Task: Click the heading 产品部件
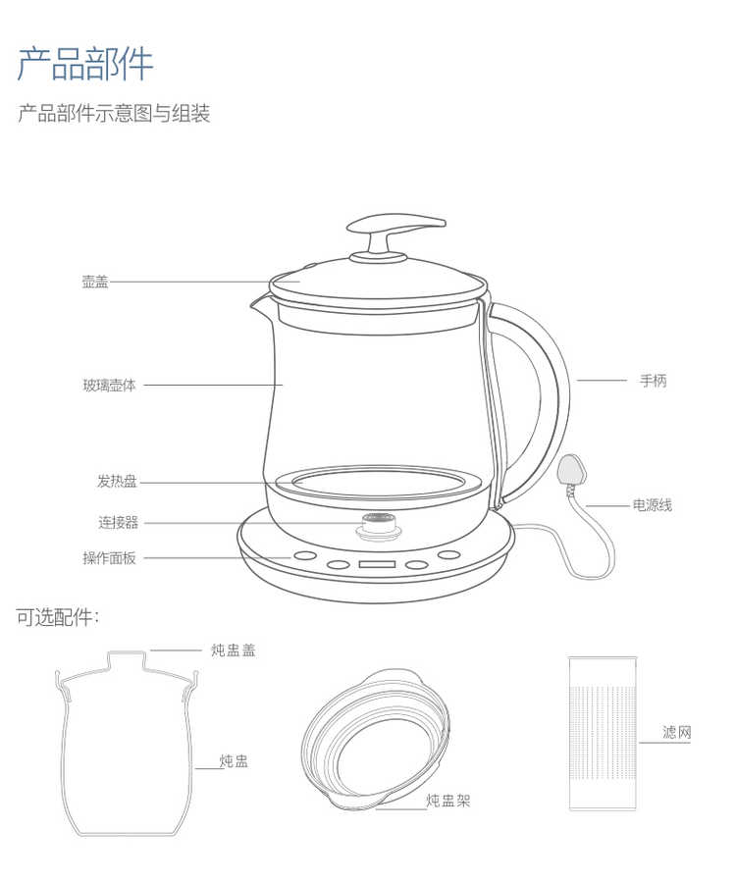(x=85, y=63)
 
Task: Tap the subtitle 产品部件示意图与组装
(x=114, y=113)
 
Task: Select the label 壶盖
(x=95, y=282)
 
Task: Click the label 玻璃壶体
(x=110, y=386)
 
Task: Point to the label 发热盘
(x=117, y=482)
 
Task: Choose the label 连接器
(x=118, y=523)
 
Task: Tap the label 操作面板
(x=110, y=558)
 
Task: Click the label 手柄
(x=654, y=381)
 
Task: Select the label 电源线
(x=653, y=505)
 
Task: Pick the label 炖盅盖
(x=234, y=650)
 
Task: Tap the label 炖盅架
(x=447, y=801)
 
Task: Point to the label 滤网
(x=676, y=732)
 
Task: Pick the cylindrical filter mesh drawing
(x=603, y=734)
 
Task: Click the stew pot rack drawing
(x=375, y=739)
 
